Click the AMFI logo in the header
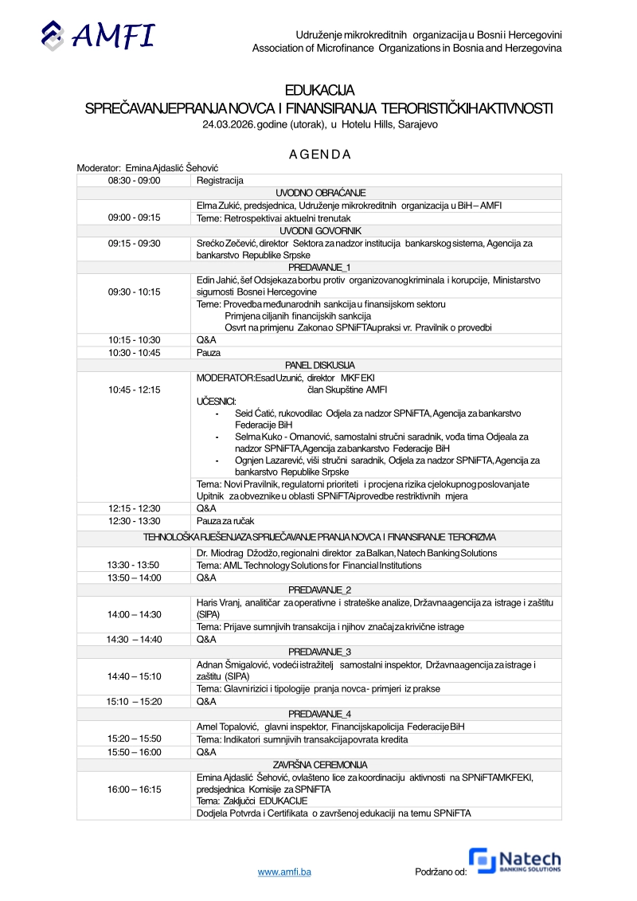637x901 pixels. coord(98,35)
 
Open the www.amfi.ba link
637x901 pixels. coord(284,872)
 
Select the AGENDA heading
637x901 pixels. coord(319,154)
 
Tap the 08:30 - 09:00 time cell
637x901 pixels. coord(135,181)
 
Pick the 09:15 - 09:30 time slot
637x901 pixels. coord(135,243)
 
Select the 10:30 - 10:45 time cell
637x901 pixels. coord(135,352)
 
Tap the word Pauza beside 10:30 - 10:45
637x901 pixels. coord(209,352)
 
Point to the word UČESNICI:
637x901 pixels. coord(216,402)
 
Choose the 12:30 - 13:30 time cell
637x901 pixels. coord(135,521)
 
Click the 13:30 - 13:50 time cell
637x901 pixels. coord(135,565)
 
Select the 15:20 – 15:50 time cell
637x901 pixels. coord(135,739)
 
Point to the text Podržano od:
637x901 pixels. coord(440,872)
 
